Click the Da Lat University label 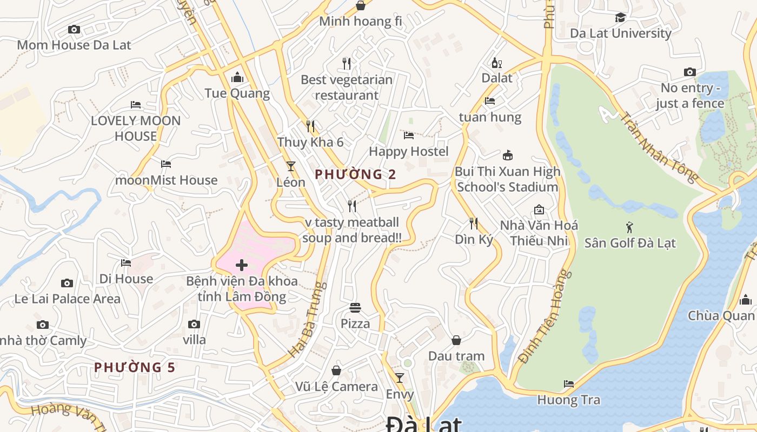(620, 33)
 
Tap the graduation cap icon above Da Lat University (620, 18)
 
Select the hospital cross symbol (242, 265)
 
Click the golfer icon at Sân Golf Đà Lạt (629, 227)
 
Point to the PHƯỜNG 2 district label (355, 174)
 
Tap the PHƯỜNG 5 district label (135, 368)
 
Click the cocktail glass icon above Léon (291, 166)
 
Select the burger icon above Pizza (355, 308)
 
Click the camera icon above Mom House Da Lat (74, 30)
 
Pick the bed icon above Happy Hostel (409, 136)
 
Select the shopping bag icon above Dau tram (456, 340)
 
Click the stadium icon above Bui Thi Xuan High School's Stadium (507, 156)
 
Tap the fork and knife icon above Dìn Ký (474, 223)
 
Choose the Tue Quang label (237, 93)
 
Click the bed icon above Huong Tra (568, 384)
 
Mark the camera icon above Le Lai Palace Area (67, 283)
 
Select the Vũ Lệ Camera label (336, 387)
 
